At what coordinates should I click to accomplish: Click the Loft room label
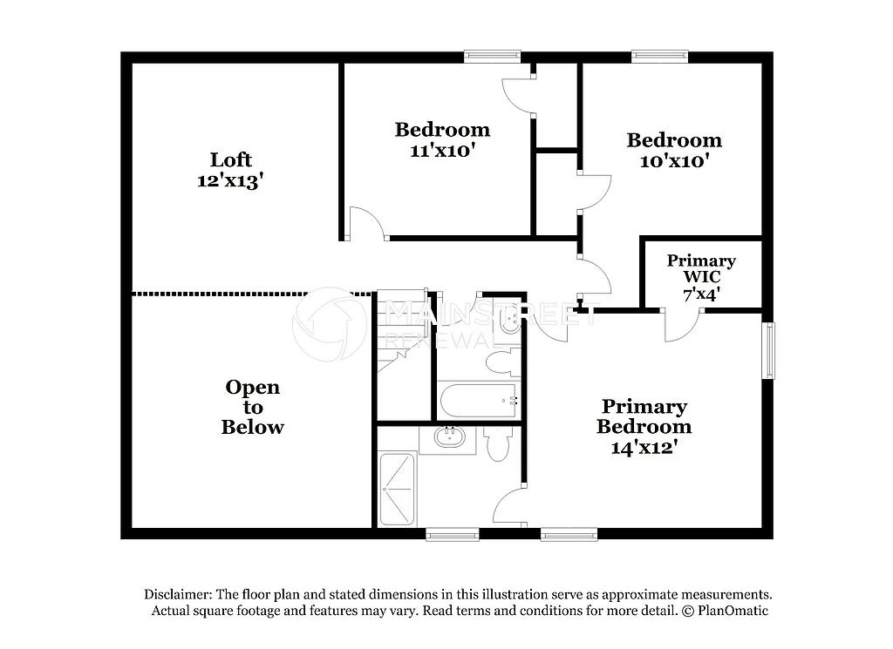coord(230,159)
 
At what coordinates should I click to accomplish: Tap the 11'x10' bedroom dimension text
coord(442,150)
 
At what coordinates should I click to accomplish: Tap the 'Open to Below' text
coord(252,407)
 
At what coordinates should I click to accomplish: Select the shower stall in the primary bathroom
coord(398,489)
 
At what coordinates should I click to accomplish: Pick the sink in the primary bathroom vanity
coord(449,438)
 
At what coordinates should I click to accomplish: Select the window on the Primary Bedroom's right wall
coord(768,350)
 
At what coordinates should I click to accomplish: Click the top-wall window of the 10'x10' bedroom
coord(659,57)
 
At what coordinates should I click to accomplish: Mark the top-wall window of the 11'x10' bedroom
coord(492,57)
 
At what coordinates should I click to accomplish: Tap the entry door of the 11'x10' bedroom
coord(366,225)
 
